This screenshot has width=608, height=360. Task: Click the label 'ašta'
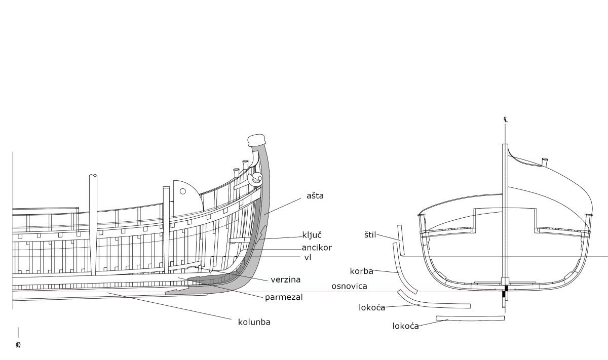(x=315, y=196)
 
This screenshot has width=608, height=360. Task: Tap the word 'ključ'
(x=312, y=235)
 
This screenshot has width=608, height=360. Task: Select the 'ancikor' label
(x=317, y=248)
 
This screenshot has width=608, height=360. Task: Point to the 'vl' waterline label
(x=308, y=258)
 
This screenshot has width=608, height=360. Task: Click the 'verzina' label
(x=285, y=279)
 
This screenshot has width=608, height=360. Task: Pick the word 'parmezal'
(x=284, y=297)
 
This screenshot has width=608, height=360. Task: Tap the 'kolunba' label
(x=254, y=322)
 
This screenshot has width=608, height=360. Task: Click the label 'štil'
(x=370, y=235)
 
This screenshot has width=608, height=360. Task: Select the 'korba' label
(x=361, y=271)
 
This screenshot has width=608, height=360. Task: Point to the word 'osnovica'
(x=349, y=287)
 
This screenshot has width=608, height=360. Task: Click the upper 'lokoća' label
(x=371, y=308)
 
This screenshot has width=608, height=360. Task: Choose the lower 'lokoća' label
(x=405, y=326)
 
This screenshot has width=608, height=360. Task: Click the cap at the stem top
(x=257, y=140)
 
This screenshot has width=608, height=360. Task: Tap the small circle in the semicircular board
(x=182, y=191)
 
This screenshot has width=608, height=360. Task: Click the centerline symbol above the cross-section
(x=505, y=119)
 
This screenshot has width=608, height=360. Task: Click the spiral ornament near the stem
(x=257, y=178)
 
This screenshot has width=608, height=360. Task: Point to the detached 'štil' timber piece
(x=401, y=241)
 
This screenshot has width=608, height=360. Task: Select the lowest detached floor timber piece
(x=470, y=318)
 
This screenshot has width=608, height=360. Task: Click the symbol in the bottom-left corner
(x=18, y=345)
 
